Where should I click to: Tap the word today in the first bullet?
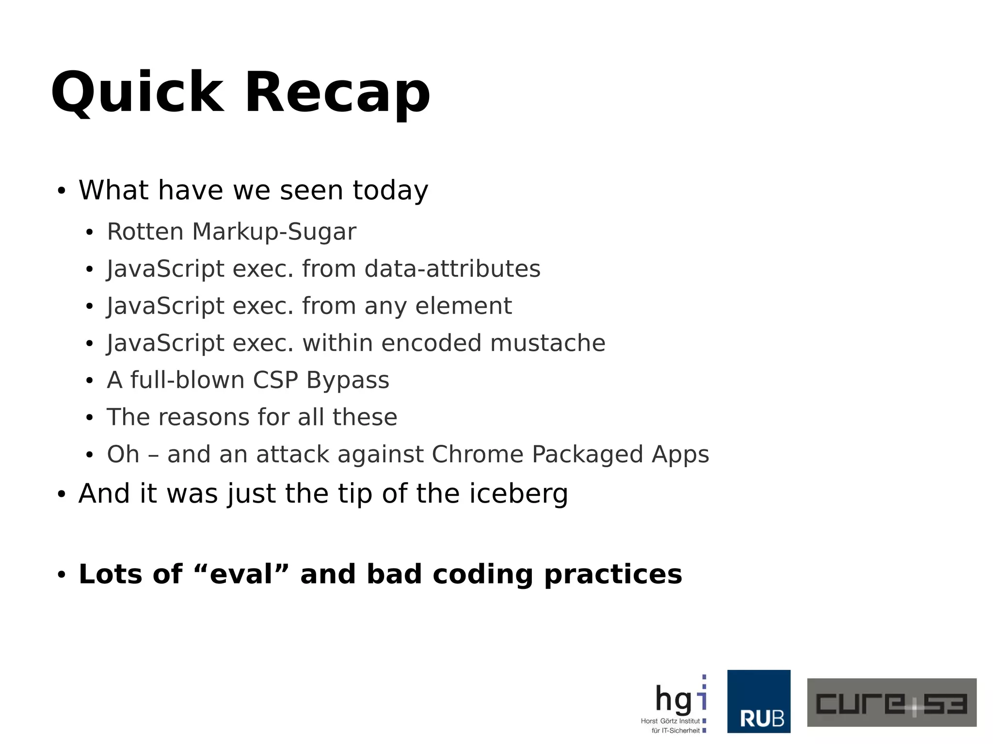click(390, 190)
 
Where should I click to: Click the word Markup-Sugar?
click(274, 232)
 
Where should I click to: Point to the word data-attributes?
click(452, 269)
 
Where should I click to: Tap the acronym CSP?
click(275, 380)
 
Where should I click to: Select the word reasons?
click(208, 417)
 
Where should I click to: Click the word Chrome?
click(477, 455)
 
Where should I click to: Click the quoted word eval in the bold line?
click(241, 574)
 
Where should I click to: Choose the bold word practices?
click(613, 575)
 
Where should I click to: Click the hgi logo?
click(676, 703)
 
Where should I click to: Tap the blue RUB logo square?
click(758, 701)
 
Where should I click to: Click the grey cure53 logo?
click(891, 702)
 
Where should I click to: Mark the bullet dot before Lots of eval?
click(61, 575)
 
